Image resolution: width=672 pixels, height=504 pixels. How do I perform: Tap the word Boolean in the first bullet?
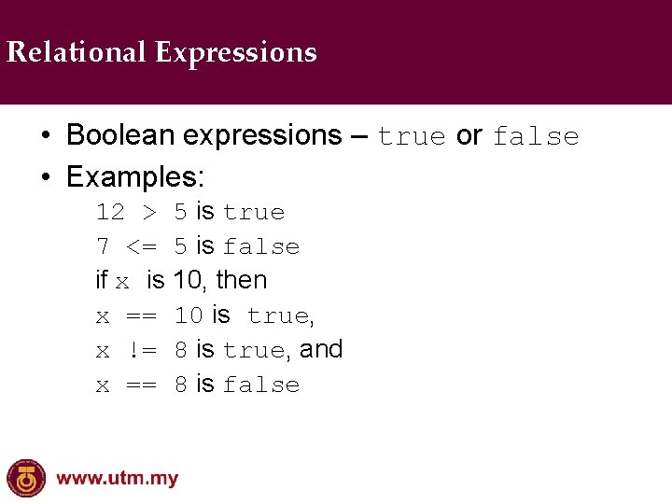click(120, 135)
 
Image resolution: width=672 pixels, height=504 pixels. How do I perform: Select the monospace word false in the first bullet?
click(536, 137)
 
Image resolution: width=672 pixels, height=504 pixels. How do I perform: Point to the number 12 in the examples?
click(110, 213)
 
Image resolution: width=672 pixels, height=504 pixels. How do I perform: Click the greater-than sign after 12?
click(149, 213)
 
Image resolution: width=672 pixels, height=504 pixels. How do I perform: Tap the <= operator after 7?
click(142, 247)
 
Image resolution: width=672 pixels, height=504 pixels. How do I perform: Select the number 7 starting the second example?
click(103, 247)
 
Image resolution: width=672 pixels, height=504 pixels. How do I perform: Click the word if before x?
click(102, 280)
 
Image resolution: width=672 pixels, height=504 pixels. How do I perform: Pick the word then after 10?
click(242, 280)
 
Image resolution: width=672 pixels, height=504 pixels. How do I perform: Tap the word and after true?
click(321, 349)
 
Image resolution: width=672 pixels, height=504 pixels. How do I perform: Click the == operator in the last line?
click(141, 385)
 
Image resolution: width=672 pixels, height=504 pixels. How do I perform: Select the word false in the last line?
click(261, 385)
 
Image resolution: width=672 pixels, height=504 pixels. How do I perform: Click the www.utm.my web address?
click(118, 480)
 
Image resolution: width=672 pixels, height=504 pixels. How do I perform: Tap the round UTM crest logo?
click(26, 479)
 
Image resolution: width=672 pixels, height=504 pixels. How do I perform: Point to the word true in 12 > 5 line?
click(254, 213)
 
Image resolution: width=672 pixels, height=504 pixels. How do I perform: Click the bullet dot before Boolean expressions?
click(45, 136)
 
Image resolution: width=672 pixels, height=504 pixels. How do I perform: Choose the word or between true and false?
click(469, 135)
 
